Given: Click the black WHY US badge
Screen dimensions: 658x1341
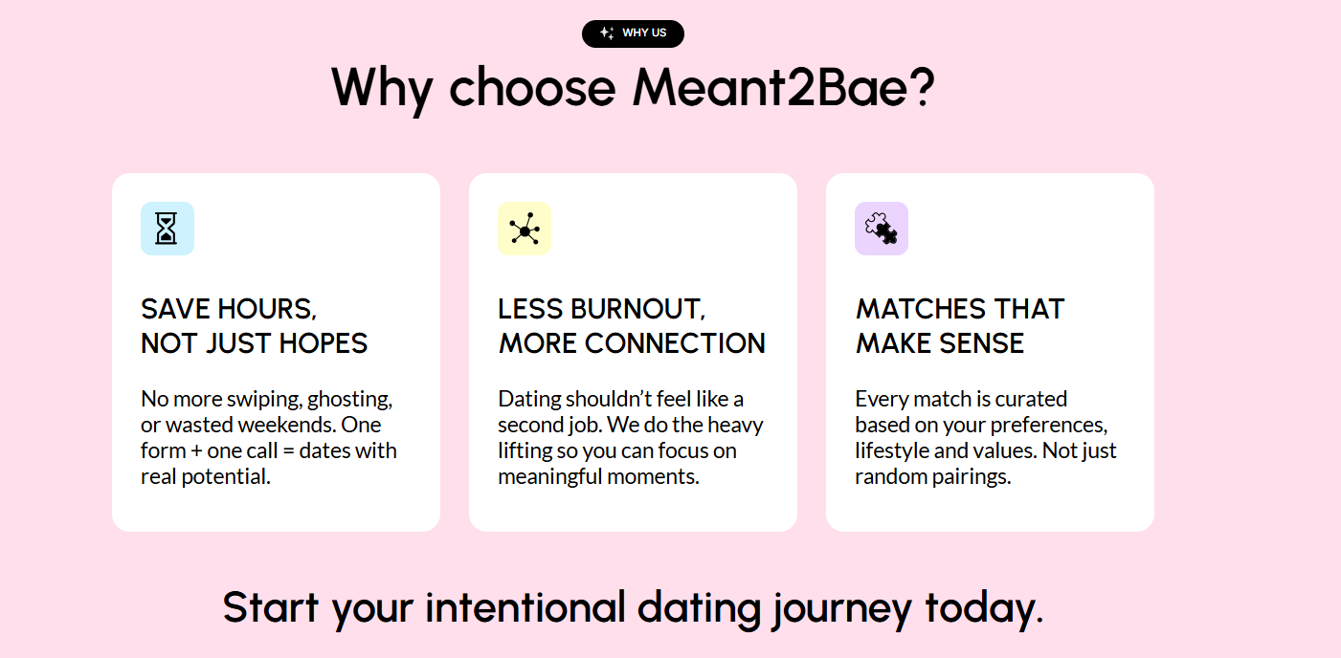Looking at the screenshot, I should pyautogui.click(x=633, y=33).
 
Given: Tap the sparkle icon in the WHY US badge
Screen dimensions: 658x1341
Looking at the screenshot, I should pyautogui.click(x=606, y=33).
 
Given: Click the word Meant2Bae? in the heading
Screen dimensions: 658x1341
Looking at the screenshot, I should pyautogui.click(x=782, y=87).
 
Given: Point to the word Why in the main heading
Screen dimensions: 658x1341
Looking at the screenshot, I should pyautogui.click(x=382, y=87).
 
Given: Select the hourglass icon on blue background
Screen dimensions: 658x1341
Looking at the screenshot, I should pyautogui.click(x=168, y=229).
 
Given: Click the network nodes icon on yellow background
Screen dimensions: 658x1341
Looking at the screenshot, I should pyautogui.click(x=525, y=230).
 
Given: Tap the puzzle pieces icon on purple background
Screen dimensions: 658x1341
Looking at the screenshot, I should pyautogui.click(x=882, y=229).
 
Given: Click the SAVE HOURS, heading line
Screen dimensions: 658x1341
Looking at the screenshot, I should pyautogui.click(x=229, y=310).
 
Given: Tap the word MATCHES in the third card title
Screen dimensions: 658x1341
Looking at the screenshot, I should pyautogui.click(x=919, y=310).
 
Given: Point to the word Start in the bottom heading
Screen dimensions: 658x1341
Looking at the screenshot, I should pyautogui.click(x=271, y=607).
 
